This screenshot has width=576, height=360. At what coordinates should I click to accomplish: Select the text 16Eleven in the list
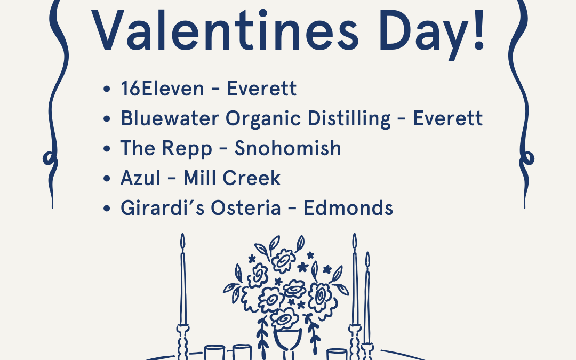pyautogui.click(x=162, y=89)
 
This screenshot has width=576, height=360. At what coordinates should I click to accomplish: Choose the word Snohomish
pyautogui.click(x=288, y=148)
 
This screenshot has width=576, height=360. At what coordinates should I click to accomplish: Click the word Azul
pyautogui.click(x=140, y=178)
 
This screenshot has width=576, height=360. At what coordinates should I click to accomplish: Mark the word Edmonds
pyautogui.click(x=348, y=208)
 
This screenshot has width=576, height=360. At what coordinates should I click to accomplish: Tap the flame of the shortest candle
pyautogui.click(x=367, y=260)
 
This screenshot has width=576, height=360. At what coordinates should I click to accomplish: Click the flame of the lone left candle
pyautogui.click(x=182, y=242)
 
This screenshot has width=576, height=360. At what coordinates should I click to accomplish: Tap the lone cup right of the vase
pyautogui.click(x=337, y=354)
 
